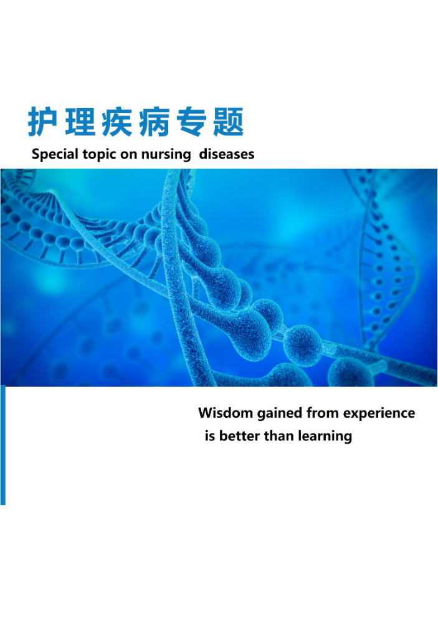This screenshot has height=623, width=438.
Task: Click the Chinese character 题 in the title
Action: [228, 122]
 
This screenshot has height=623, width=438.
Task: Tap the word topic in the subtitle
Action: [100, 155]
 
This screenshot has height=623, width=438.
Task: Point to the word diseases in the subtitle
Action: [226, 154]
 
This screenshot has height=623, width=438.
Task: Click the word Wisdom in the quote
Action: [226, 413]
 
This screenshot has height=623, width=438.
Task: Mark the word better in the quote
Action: [240, 436]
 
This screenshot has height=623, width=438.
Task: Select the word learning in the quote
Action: [325, 437]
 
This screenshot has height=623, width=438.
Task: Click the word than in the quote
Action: [279, 436]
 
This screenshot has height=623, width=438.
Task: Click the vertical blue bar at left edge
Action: [3, 445]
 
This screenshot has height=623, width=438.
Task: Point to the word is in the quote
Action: [210, 436]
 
